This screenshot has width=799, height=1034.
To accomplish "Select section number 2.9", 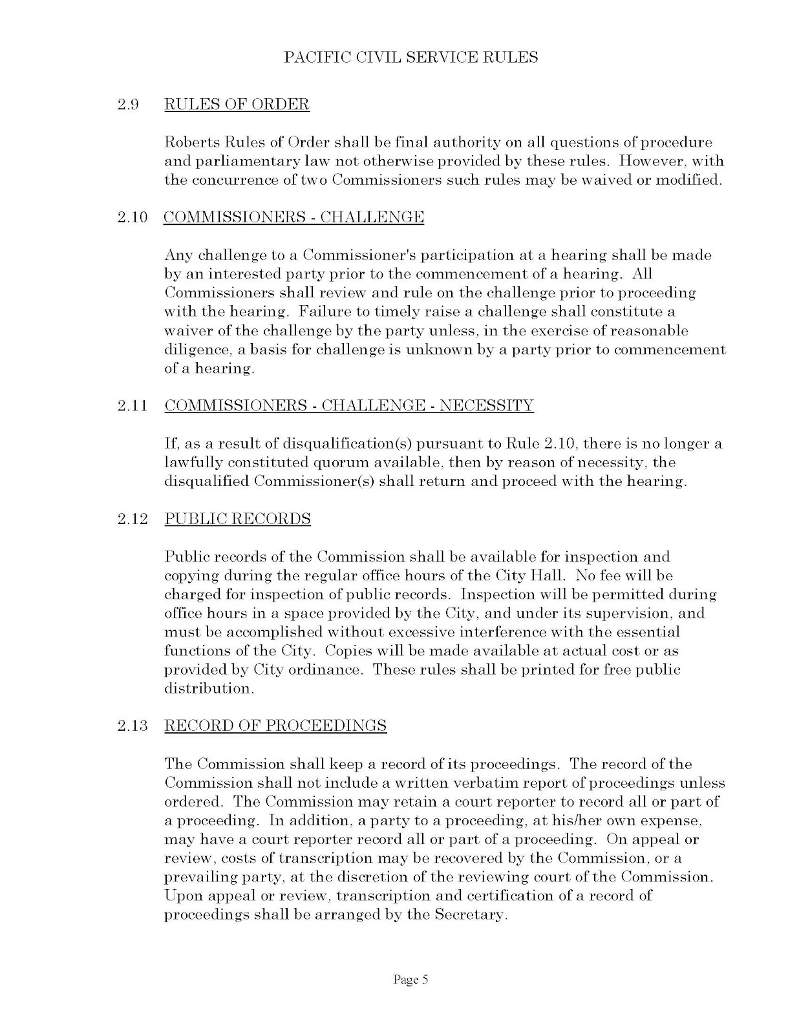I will coord(129,104).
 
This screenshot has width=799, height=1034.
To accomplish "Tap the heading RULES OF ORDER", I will coord(237,104).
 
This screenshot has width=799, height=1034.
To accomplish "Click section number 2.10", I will coord(133,217).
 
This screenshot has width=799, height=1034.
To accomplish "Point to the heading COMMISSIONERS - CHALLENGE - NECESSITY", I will coord(349,406).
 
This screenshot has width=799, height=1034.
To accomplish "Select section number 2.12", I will coord(133,519).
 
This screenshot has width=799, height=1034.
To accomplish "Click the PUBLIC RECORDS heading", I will coord(237,519).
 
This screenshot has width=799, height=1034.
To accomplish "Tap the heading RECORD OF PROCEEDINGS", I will coord(275,725).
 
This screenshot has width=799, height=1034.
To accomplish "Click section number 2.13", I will coord(133,725).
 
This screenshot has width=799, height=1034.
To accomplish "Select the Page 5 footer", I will coord(410,980).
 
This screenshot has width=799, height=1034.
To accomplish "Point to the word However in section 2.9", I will coord(646,161).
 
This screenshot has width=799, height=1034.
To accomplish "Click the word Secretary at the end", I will coord(469,915).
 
